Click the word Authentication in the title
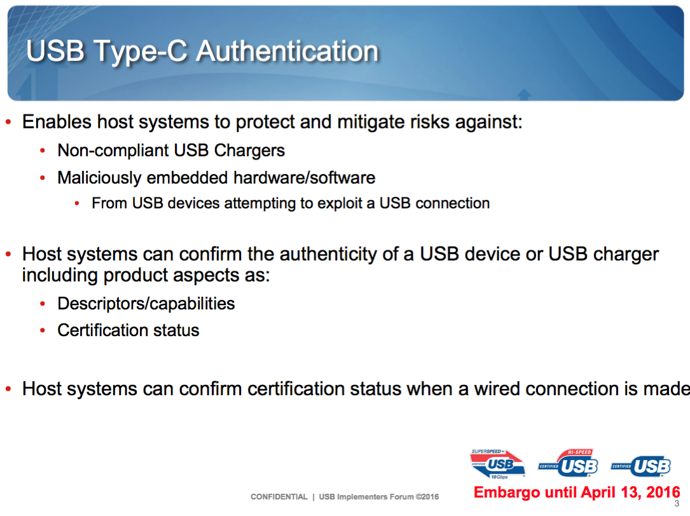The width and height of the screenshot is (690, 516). click(x=287, y=51)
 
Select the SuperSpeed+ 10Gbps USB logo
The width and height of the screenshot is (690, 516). click(x=498, y=464)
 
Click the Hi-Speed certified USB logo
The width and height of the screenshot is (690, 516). click(x=568, y=463)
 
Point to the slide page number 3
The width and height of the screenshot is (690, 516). click(x=677, y=504)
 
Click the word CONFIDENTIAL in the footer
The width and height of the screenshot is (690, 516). click(x=279, y=497)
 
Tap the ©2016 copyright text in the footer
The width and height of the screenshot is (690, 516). click(x=427, y=497)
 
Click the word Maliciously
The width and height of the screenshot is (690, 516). click(x=99, y=178)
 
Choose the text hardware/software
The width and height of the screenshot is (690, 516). click(x=304, y=178)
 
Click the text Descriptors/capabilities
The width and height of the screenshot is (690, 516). click(x=146, y=304)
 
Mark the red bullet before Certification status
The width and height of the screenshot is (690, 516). click(x=42, y=330)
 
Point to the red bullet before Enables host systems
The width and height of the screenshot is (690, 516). click(x=8, y=122)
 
